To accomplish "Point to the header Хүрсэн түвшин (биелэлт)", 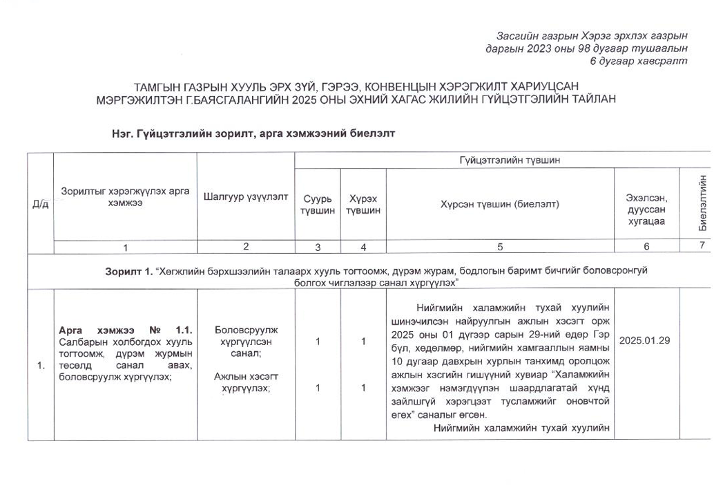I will [499, 204].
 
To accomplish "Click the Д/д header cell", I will [41, 204].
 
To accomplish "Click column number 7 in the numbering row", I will [702, 245].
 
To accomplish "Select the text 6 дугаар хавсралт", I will [638, 61].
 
